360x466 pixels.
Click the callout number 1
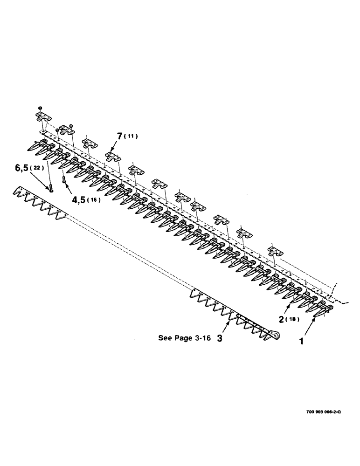(x=302, y=341)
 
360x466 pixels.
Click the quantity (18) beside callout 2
(x=293, y=320)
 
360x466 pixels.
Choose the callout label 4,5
(x=78, y=200)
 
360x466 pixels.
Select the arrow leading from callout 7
(x=115, y=144)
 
